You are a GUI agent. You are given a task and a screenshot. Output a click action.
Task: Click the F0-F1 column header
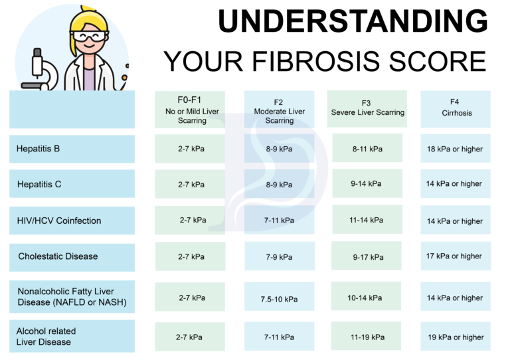pyautogui.click(x=191, y=109)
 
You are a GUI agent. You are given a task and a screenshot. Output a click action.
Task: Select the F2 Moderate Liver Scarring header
pyautogui.click(x=279, y=110)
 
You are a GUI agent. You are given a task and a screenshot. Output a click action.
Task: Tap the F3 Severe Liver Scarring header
pyautogui.click(x=367, y=108)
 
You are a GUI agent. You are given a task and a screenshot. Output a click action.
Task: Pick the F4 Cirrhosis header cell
pyautogui.click(x=456, y=109)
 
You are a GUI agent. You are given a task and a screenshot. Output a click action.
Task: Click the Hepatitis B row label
pyautogui.click(x=72, y=149)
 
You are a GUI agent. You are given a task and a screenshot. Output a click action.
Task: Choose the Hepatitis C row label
pyautogui.click(x=72, y=184)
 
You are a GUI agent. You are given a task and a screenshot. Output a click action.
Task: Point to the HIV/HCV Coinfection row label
pyautogui.click(x=72, y=221)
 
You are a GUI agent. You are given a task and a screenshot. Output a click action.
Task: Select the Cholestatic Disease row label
pyautogui.click(x=72, y=256)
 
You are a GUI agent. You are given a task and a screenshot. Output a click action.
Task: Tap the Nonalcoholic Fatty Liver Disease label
pyautogui.click(x=72, y=297)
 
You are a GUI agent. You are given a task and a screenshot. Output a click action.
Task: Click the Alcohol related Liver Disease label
pyautogui.click(x=72, y=336)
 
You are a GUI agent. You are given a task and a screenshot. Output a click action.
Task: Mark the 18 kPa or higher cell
pyautogui.click(x=456, y=149)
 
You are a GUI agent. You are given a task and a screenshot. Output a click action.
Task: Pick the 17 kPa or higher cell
pyautogui.click(x=456, y=256)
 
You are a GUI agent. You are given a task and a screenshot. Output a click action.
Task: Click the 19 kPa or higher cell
pyautogui.click(x=456, y=337)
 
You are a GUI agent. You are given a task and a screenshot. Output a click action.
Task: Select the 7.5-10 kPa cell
pyautogui.click(x=279, y=299)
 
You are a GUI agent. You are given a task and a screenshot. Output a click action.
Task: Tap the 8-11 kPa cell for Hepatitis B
pyautogui.click(x=367, y=149)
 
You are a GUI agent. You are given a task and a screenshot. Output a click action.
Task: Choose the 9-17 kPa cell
pyautogui.click(x=367, y=256)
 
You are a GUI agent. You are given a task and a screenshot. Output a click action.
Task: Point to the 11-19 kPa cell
pyautogui.click(x=367, y=337)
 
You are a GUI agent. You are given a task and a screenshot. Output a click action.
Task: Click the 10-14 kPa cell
pyautogui.click(x=367, y=297)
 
